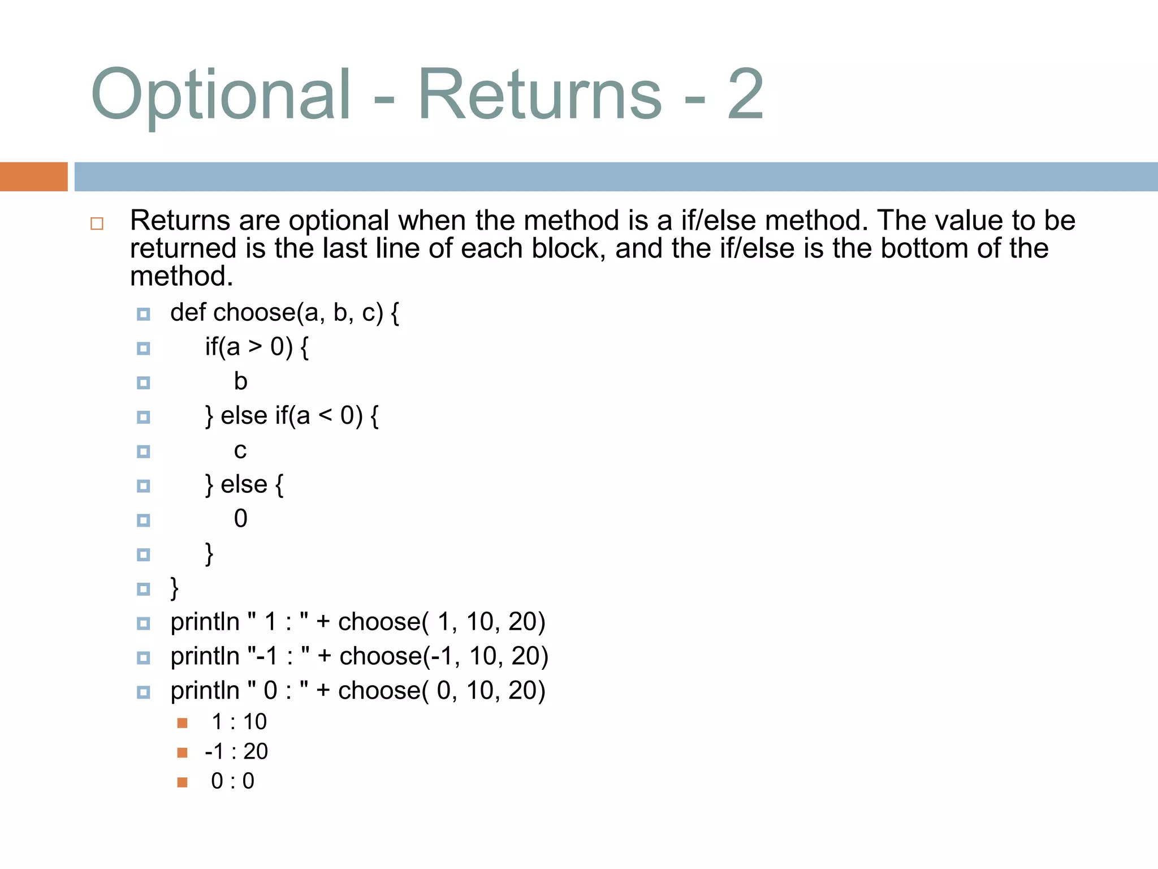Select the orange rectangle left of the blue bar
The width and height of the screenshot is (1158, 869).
tap(33, 177)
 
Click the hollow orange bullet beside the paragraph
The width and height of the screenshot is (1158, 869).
tap(97, 223)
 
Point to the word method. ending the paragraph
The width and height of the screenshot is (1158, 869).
tap(182, 276)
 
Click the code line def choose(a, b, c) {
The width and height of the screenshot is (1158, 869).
tap(284, 313)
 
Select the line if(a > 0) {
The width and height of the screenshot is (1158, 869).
tap(257, 347)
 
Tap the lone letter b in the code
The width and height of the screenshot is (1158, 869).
tap(240, 381)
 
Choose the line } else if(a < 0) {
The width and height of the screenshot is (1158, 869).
tap(291, 416)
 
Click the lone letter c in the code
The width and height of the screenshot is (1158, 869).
tap(240, 450)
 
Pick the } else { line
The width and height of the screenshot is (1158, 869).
tap(244, 485)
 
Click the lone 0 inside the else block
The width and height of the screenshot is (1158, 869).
tap(240, 519)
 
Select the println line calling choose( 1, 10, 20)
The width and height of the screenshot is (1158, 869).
tap(357, 622)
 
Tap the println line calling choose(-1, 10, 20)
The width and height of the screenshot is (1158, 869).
tap(359, 656)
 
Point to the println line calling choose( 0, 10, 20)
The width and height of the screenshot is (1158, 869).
tap(357, 691)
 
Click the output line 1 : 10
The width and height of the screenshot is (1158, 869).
tap(239, 722)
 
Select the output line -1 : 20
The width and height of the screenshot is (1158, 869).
tap(236, 751)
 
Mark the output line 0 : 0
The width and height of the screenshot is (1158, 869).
tap(232, 781)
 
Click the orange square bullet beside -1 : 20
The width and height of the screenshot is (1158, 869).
tap(182, 752)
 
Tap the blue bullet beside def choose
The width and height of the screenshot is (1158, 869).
tap(144, 314)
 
